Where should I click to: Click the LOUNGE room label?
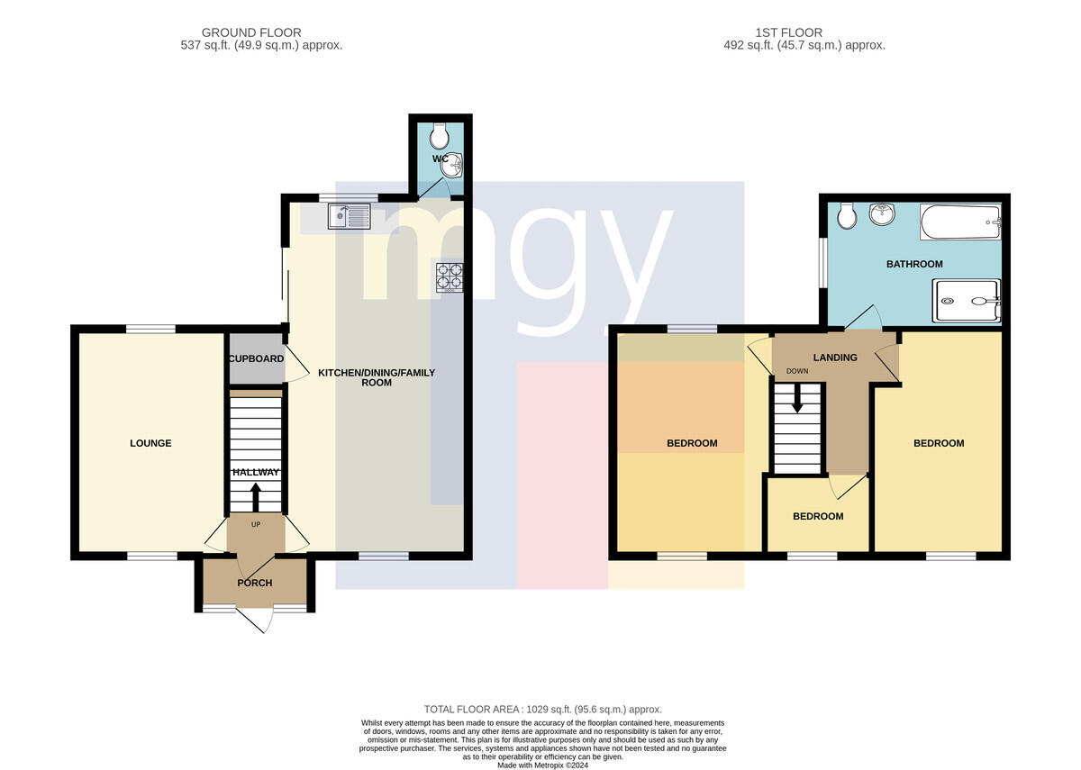click(150, 443)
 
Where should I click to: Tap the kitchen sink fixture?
click(350, 215)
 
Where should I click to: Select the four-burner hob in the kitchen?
click(450, 277)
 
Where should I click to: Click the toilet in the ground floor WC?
click(440, 136)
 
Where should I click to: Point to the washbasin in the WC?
click(451, 165)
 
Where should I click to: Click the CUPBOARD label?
click(256, 358)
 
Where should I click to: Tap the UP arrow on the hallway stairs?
click(255, 497)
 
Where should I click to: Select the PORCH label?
click(255, 583)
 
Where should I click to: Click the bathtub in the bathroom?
click(960, 222)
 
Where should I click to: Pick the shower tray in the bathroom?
click(967, 301)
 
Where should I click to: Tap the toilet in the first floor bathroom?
click(847, 215)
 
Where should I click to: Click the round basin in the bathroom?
click(882, 213)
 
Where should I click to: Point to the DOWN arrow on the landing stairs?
click(797, 398)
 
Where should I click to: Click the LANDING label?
click(835, 358)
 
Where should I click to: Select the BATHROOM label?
click(914, 264)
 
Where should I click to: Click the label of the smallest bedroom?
click(818, 516)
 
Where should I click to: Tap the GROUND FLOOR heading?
click(251, 32)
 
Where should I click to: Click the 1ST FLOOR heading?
click(788, 32)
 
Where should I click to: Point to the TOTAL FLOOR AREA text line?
click(543, 710)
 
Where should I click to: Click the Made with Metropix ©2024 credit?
click(543, 765)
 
